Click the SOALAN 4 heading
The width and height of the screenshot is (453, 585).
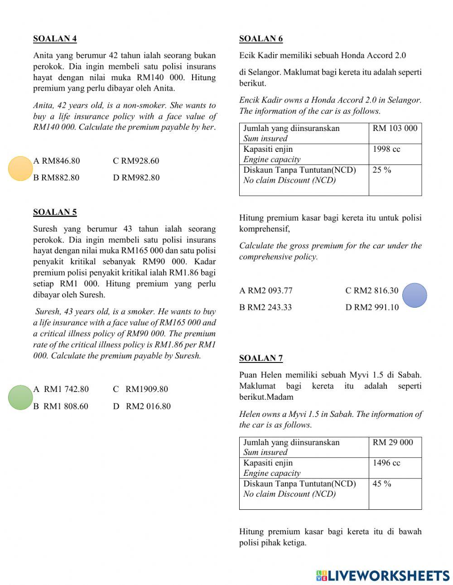click(55, 39)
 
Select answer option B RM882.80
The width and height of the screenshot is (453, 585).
click(56, 178)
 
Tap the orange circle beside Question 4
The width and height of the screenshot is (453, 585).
click(20, 169)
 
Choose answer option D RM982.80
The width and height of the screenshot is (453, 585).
click(136, 178)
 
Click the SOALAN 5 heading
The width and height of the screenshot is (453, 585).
click(55, 212)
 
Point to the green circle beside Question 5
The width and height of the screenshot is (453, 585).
click(20, 397)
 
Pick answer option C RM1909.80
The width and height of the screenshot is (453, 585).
click(140, 389)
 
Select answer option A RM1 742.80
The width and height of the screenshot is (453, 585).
click(61, 389)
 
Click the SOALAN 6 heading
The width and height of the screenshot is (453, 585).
click(261, 39)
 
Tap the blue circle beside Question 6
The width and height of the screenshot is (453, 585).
click(414, 295)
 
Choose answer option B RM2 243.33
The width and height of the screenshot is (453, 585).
click(265, 307)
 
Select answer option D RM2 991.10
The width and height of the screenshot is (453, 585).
click(372, 307)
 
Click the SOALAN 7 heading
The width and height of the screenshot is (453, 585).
click(261, 358)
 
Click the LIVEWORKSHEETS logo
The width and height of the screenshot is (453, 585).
click(383, 575)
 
